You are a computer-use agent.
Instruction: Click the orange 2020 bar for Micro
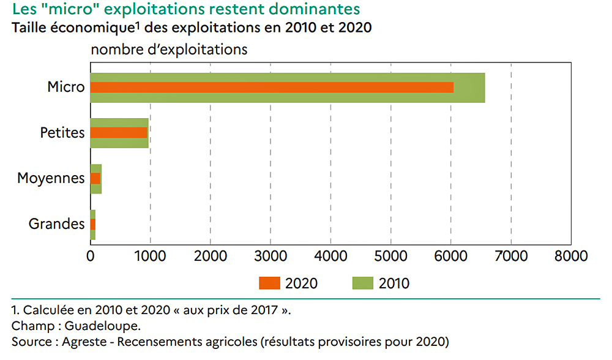pos(272,88)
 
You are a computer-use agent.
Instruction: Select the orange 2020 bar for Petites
pos(119,133)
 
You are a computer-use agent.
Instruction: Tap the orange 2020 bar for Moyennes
pos(95,179)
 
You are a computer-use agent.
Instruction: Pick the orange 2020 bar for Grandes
pos(93,224)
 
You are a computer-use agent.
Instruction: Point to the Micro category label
pos(65,87)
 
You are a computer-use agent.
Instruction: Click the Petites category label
pos(62,132)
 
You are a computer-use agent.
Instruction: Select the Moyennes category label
pos(51,179)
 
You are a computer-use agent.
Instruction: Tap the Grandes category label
pos(56,224)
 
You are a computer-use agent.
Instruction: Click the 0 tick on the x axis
pos(91,255)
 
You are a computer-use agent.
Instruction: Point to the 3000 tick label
pos(271,255)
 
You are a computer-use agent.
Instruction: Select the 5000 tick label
pos(390,255)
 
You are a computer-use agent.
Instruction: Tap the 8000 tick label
pos(571,255)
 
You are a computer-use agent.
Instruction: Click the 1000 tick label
pos(151,255)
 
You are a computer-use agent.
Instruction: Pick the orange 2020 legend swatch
pos(270,283)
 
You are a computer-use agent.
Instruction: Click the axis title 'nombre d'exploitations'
pos(170,50)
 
